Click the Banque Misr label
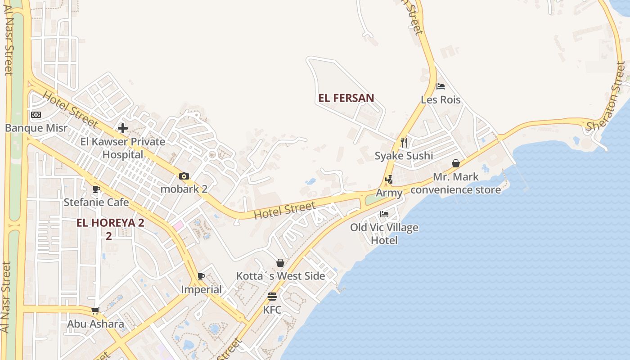point(36,128)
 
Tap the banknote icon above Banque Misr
point(36,115)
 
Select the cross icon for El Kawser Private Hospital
point(122,128)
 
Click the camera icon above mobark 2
point(184,176)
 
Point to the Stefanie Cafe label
point(96,202)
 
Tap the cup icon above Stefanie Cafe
point(95,189)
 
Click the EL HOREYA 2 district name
point(110,223)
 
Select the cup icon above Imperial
point(201,276)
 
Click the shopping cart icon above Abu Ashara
point(95,310)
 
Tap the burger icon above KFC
point(272,297)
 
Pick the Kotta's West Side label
point(280,276)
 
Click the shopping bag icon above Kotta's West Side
point(280,263)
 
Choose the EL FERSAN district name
point(346,98)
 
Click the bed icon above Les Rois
point(441,86)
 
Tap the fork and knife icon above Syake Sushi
point(404,143)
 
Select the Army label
point(389,193)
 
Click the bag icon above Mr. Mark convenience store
point(456,163)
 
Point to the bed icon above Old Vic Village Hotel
point(384,214)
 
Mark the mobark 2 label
point(184,189)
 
